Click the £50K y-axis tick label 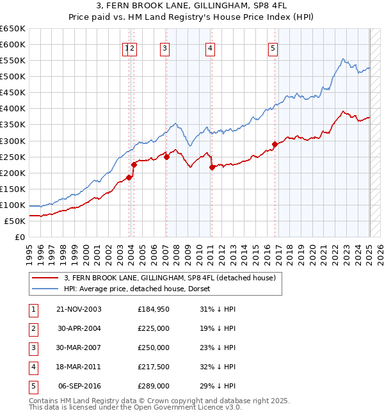tap(15, 221)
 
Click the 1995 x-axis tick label tap(29, 250)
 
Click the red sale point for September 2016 tap(275, 144)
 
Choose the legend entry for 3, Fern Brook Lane tap(170, 278)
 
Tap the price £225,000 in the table tap(154, 328)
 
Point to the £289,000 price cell tap(154, 386)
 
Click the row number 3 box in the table tap(31, 348)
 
